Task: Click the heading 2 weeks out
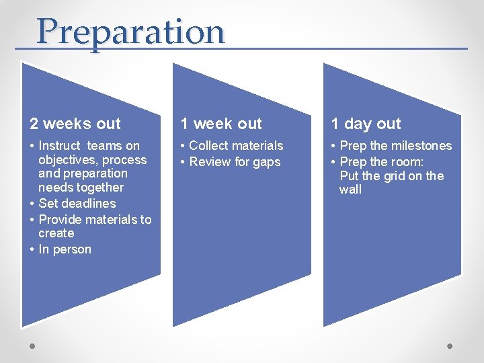point(75,124)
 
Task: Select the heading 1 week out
point(221,124)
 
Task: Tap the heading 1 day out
point(366,124)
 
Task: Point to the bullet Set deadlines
point(77,203)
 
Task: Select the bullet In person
point(65,249)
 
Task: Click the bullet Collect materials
point(236,146)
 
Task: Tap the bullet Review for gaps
point(235,162)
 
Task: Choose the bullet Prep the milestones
point(395,146)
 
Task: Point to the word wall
point(350,190)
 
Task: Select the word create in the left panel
point(56,233)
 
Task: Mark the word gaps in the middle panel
point(266,162)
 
